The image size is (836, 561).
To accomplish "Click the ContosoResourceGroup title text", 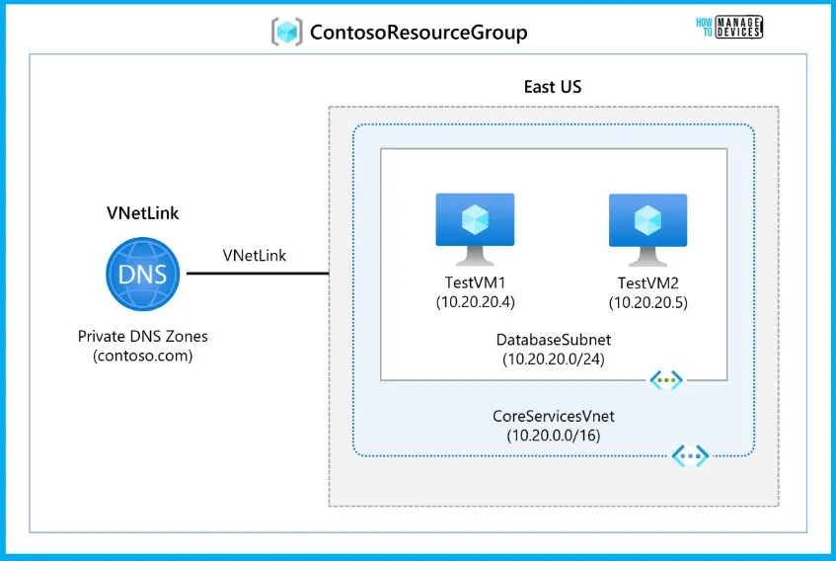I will [418, 33].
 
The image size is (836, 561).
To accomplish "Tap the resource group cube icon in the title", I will [287, 32].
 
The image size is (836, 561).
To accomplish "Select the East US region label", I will [552, 87].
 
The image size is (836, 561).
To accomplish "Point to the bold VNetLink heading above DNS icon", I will [142, 212].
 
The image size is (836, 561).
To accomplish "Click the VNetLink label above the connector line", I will [255, 256].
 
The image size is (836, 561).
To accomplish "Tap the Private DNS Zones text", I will [142, 337].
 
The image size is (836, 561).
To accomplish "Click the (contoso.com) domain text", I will [142, 355].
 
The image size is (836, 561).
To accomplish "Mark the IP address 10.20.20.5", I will [647, 302].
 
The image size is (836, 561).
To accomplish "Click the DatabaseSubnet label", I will [553, 340].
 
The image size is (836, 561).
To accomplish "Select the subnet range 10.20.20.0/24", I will [553, 358].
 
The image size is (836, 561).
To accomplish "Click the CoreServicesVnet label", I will [553, 417].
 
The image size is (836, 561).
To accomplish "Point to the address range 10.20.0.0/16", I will [553, 435].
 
